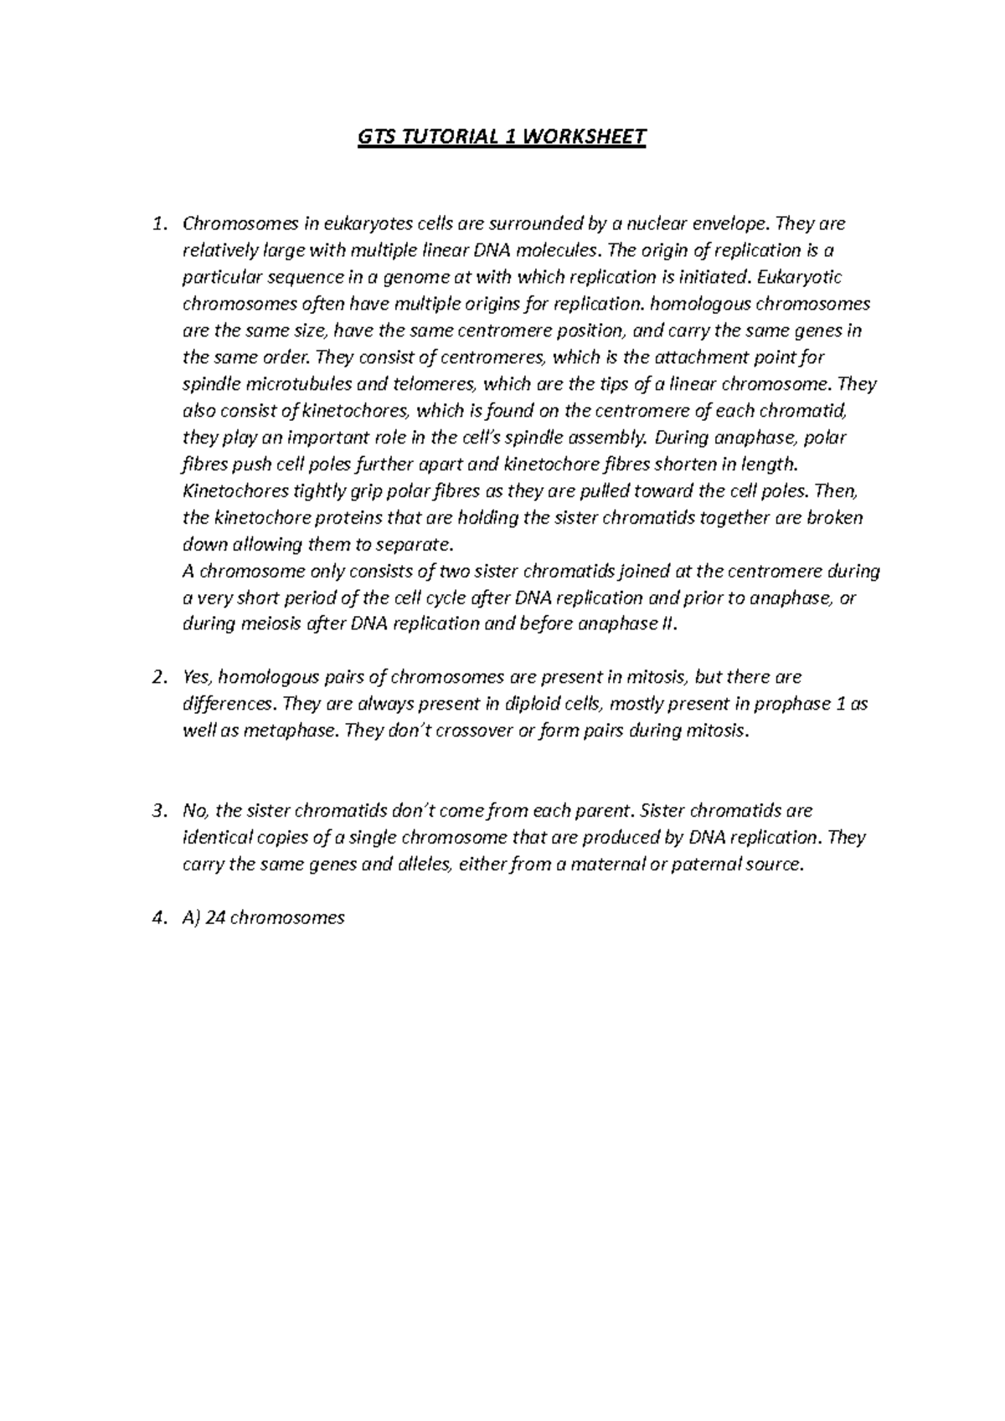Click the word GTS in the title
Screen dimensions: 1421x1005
[378, 136]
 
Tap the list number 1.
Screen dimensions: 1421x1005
[158, 224]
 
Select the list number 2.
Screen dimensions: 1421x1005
[158, 677]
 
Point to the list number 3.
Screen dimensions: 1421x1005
[158, 811]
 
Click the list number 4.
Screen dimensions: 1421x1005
[158, 918]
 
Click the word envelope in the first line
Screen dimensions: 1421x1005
[732, 224]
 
